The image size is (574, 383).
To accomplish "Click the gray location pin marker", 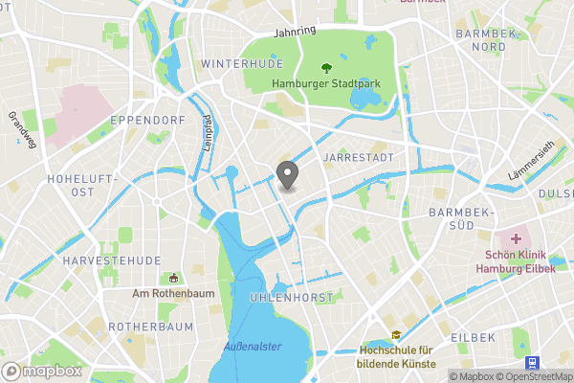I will click(x=287, y=175).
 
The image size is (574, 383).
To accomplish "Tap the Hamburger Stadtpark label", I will click(x=326, y=83).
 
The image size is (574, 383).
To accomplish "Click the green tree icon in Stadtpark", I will click(x=326, y=68).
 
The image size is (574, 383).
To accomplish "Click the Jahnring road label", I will click(x=295, y=32).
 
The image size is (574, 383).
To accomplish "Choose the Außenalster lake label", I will click(x=253, y=346).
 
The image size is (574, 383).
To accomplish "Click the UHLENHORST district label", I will click(x=292, y=298).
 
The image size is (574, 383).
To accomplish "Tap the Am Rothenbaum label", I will click(x=172, y=293).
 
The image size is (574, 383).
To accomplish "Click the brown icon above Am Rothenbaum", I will click(x=173, y=278).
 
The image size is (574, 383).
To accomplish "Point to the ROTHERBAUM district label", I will click(x=150, y=327).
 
